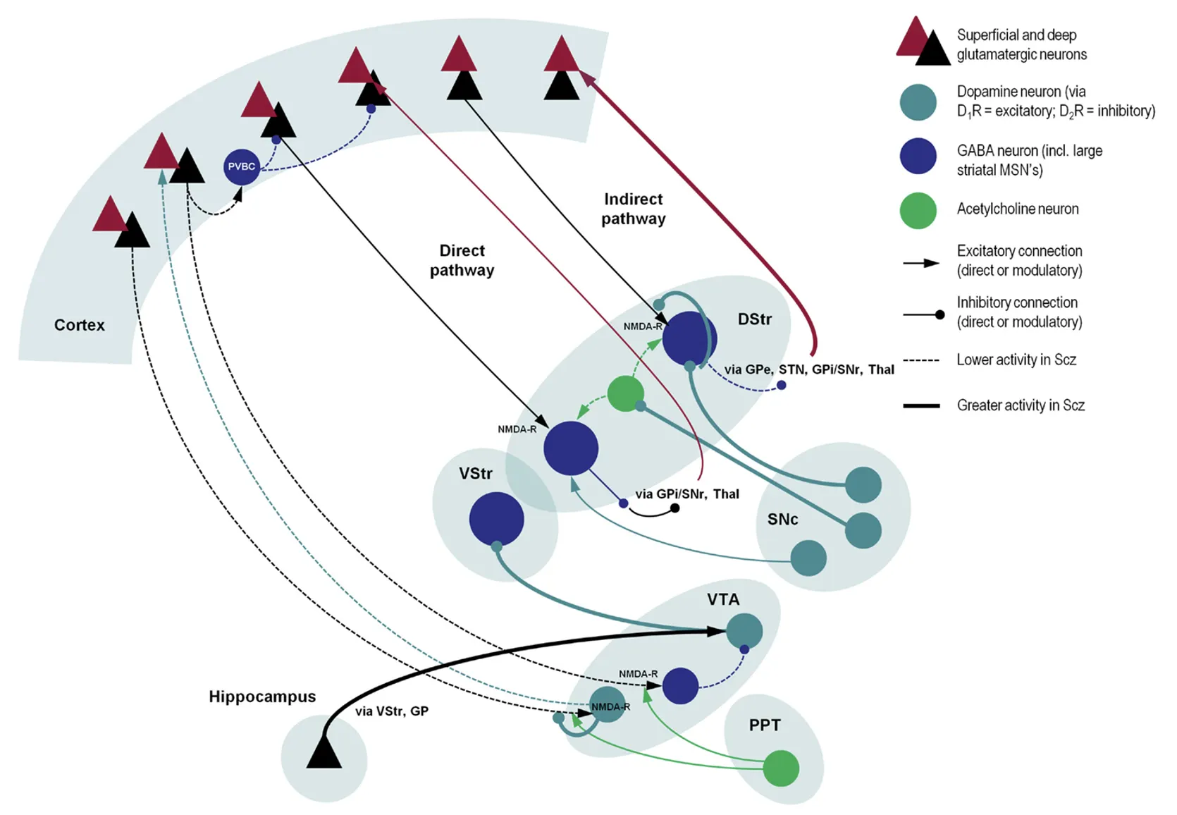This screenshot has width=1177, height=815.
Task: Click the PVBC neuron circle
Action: [242, 167]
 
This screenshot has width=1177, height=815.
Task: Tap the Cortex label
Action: [80, 325]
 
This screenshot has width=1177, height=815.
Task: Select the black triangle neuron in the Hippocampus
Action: [324, 753]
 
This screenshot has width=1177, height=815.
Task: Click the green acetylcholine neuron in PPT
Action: [781, 768]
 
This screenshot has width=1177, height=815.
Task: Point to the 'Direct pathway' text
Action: [462, 260]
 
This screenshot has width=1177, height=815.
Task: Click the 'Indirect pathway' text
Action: [633, 209]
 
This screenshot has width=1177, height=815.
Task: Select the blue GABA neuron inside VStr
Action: [496, 519]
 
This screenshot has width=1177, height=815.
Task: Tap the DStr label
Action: [754, 319]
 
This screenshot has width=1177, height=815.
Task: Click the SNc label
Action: [782, 520]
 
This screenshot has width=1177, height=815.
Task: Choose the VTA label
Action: [723, 599]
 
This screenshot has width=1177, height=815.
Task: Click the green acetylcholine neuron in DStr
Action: [625, 393]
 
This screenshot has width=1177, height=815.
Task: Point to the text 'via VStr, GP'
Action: [392, 711]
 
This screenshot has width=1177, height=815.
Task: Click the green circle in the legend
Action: [918, 210]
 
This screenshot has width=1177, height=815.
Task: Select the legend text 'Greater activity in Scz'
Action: [1021, 405]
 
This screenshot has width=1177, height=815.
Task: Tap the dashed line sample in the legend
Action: [921, 360]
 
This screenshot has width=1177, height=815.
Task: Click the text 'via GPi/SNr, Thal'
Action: [687, 494]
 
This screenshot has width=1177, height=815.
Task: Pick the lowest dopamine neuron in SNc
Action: [808, 558]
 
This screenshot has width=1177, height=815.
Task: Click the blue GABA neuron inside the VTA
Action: [680, 685]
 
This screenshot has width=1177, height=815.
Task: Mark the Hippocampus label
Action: [262, 697]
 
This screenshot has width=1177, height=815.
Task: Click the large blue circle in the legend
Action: [918, 156]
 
